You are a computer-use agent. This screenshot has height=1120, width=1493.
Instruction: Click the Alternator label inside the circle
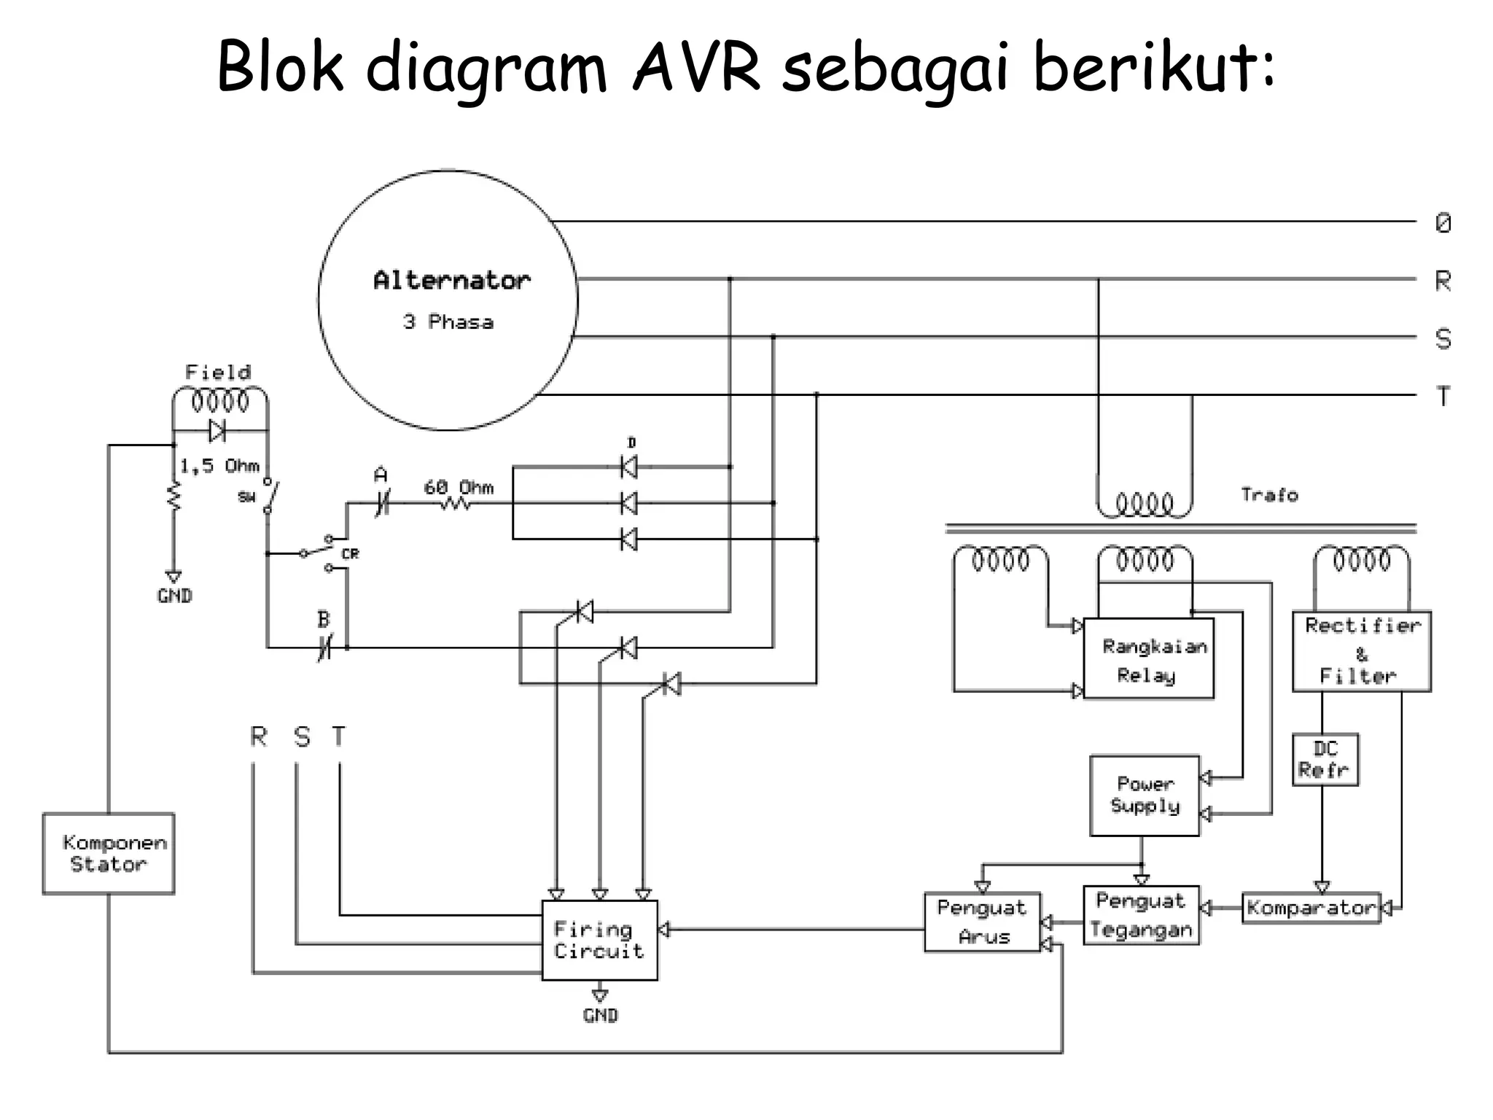pyautogui.click(x=451, y=281)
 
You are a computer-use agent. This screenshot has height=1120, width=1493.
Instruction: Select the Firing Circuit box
pyautogui.click(x=599, y=940)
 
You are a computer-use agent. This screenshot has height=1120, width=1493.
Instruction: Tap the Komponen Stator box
pyautogui.click(x=109, y=853)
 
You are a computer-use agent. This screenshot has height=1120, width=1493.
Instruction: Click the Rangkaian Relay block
pyautogui.click(x=1148, y=658)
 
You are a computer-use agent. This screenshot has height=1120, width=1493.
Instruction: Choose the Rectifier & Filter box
pyautogui.click(x=1361, y=651)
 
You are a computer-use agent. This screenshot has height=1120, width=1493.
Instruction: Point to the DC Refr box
pyautogui.click(x=1325, y=759)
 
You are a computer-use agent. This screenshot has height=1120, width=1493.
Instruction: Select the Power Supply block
pyautogui.click(x=1144, y=795)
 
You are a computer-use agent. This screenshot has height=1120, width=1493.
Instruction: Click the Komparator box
pyautogui.click(x=1311, y=908)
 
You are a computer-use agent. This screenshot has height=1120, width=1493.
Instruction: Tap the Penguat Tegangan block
pyautogui.click(x=1141, y=915)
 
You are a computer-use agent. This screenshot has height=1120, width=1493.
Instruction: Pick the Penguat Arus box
pyautogui.click(x=982, y=922)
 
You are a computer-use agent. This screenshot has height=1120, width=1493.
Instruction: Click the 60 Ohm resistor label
pyautogui.click(x=459, y=487)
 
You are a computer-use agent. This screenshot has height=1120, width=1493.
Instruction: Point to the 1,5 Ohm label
pyautogui.click(x=219, y=466)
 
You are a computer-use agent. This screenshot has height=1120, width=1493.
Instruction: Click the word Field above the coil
pyautogui.click(x=217, y=373)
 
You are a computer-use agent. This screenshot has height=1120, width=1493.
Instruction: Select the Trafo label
pyautogui.click(x=1269, y=495)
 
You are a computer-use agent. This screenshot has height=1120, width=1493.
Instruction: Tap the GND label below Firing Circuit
pyautogui.click(x=600, y=1015)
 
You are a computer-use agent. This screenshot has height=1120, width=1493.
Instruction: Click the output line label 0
pyautogui.click(x=1443, y=223)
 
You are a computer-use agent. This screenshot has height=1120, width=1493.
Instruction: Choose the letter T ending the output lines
pyautogui.click(x=1443, y=397)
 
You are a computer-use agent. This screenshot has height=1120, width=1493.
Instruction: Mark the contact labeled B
pyautogui.click(x=324, y=620)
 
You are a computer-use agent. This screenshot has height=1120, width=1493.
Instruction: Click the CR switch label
pyautogui.click(x=350, y=554)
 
